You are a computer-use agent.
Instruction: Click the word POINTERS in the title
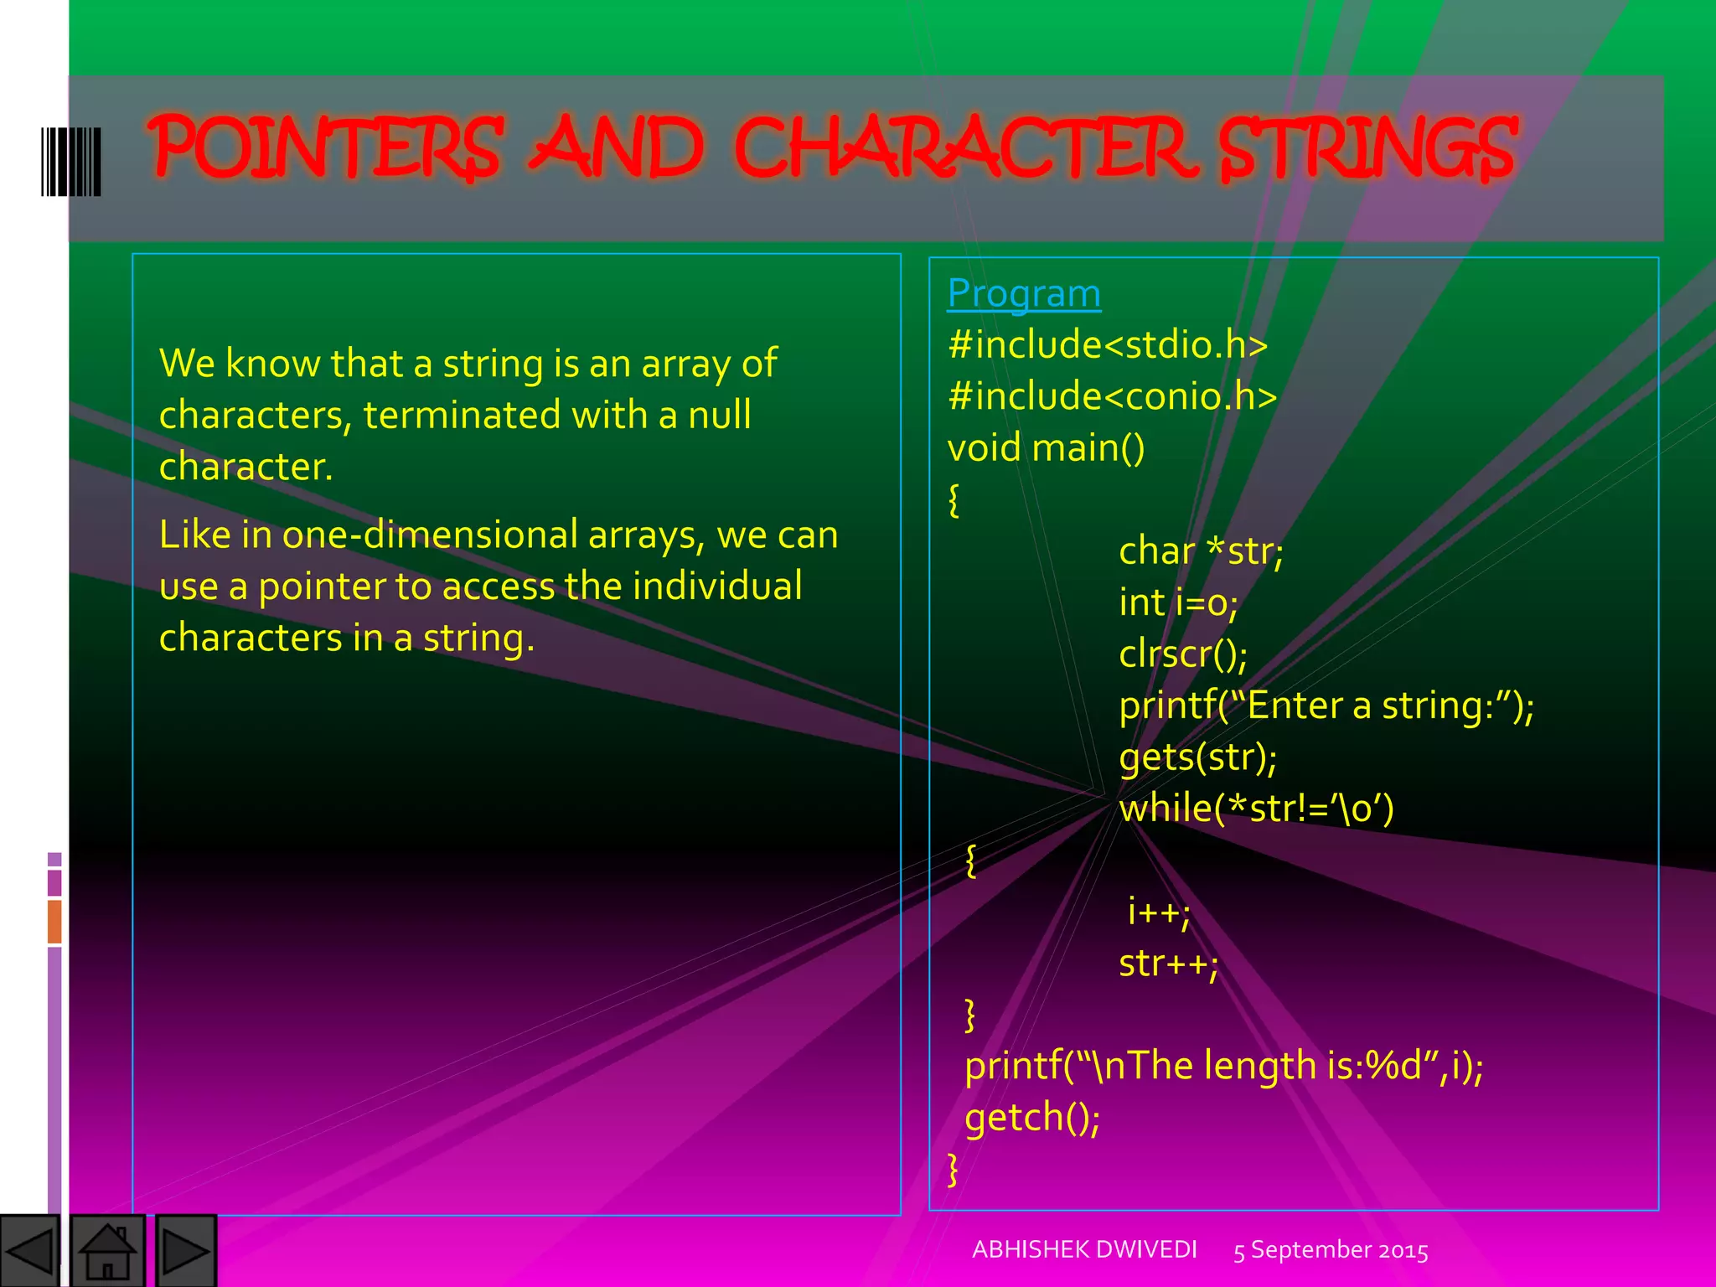tap(327, 148)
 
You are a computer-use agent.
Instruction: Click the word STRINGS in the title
tap(1367, 148)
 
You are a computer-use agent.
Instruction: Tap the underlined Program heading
tap(1024, 294)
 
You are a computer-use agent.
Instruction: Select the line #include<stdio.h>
tap(1108, 345)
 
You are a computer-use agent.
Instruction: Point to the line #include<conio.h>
tap(1112, 396)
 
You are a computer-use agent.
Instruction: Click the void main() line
tap(1046, 448)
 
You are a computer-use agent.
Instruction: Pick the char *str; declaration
tap(1201, 551)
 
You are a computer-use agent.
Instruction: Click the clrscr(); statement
tap(1182, 654)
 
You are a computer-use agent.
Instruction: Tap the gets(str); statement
tap(1197, 757)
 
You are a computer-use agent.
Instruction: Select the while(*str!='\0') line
tap(1256, 809)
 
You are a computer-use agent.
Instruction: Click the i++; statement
tap(1158, 912)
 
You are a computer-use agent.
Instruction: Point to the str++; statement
tap(1168, 964)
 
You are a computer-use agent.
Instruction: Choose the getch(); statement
tap(1032, 1118)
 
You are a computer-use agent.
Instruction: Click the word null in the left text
tap(719, 415)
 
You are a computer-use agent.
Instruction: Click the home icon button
tap(107, 1251)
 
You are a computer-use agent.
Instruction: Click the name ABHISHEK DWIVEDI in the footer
tap(1084, 1249)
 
